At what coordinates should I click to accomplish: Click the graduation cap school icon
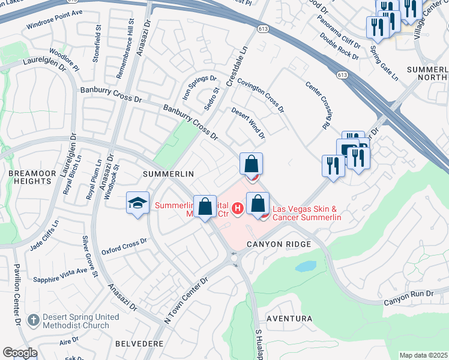click(137, 203)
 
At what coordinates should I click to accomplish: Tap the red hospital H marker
click(238, 209)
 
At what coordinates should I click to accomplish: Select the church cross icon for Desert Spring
click(34, 320)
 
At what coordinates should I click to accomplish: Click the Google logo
click(20, 353)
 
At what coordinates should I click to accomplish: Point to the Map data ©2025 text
click(423, 355)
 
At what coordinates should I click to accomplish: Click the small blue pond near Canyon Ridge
click(306, 266)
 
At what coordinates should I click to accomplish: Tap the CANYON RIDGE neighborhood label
click(279, 244)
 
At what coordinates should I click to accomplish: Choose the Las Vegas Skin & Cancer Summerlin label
click(307, 213)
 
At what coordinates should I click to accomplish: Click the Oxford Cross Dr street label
click(124, 246)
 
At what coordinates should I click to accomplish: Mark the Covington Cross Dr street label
click(261, 95)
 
